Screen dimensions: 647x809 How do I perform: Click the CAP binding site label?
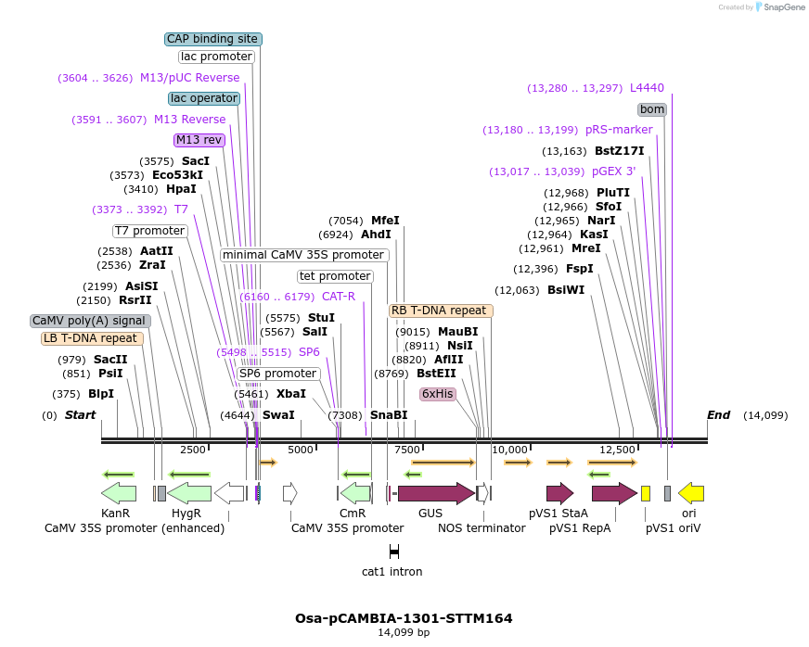click(x=213, y=39)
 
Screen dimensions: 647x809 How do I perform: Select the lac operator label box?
click(x=204, y=98)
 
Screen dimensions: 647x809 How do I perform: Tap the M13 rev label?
click(x=199, y=140)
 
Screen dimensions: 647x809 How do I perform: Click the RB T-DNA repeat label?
click(x=441, y=311)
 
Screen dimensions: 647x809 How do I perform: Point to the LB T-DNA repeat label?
click(x=92, y=338)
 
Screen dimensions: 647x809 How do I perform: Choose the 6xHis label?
click(x=438, y=394)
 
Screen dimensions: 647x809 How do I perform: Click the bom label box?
click(x=652, y=109)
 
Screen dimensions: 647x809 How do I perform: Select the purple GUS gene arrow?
click(x=435, y=493)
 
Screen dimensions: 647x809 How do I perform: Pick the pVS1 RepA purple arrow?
click(x=614, y=493)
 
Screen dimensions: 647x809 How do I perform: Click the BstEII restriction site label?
click(x=436, y=374)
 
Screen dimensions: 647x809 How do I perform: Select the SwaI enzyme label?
click(x=278, y=415)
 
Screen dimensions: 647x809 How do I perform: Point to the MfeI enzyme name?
click(x=385, y=221)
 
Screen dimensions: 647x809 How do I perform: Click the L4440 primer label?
click(x=647, y=88)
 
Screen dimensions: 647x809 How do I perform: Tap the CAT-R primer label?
click(x=339, y=297)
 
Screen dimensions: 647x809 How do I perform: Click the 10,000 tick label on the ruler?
click(x=509, y=450)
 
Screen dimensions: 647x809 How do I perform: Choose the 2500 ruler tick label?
click(x=193, y=450)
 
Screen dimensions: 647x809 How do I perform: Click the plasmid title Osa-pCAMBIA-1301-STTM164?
click(x=404, y=618)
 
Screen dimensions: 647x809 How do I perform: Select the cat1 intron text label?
click(x=392, y=572)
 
